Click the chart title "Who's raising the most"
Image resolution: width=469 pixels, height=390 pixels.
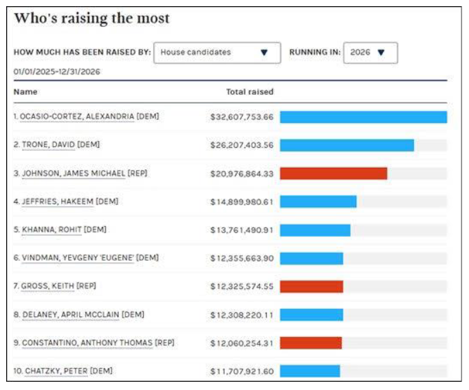point(92,19)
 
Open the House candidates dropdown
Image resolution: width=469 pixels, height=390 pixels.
point(217,53)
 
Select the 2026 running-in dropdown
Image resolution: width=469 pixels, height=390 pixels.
point(371,53)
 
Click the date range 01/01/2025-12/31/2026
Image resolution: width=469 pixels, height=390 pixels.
point(57,72)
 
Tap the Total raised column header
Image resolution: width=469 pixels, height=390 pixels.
point(250,91)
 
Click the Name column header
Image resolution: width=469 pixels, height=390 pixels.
point(25,91)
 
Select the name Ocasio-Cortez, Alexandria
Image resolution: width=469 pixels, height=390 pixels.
point(77,116)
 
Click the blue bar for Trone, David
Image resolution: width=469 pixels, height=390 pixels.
point(347,145)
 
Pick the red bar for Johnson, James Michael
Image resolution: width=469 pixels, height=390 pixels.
point(334,173)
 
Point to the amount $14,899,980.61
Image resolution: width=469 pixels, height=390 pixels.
point(242,202)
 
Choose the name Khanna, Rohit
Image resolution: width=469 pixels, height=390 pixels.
point(52,230)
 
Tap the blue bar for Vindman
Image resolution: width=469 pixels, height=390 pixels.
point(312,259)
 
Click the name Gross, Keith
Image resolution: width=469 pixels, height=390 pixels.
point(47,286)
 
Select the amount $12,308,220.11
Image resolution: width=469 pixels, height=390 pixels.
point(242,315)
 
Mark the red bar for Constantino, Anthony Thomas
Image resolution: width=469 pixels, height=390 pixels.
point(311,343)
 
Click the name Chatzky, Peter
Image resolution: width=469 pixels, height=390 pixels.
point(56,371)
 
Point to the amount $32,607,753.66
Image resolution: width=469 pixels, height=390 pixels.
point(242,117)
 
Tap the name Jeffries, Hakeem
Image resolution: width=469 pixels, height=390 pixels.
point(58,202)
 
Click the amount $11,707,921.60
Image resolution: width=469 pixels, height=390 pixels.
point(242,371)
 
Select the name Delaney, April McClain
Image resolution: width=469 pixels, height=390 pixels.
point(71,314)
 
